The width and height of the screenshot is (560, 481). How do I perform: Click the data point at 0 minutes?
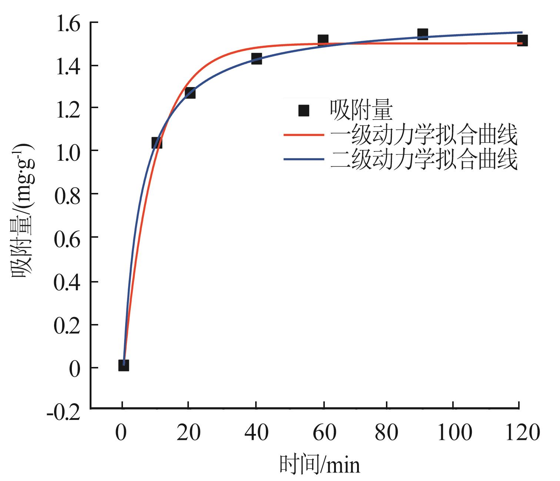[x=124, y=365]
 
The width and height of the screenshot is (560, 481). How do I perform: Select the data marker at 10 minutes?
[x=157, y=143]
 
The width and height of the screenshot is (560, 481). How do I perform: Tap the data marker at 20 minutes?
[x=190, y=93]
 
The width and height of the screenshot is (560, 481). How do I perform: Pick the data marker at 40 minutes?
[x=256, y=59]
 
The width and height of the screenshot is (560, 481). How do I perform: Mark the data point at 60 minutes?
[x=323, y=40]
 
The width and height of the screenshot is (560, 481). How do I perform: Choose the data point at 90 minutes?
[x=423, y=34]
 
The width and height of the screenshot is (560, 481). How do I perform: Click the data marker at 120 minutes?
[x=522, y=40]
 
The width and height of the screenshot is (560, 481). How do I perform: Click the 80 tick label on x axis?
[x=387, y=432]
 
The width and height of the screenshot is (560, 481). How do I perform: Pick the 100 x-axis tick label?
[x=454, y=432]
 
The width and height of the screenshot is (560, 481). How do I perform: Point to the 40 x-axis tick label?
[x=256, y=432]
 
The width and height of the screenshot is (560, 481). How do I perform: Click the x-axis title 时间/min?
[x=319, y=465]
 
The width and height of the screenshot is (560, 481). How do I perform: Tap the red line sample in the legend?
[x=304, y=136]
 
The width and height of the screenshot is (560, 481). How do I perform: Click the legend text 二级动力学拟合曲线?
[x=424, y=160]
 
